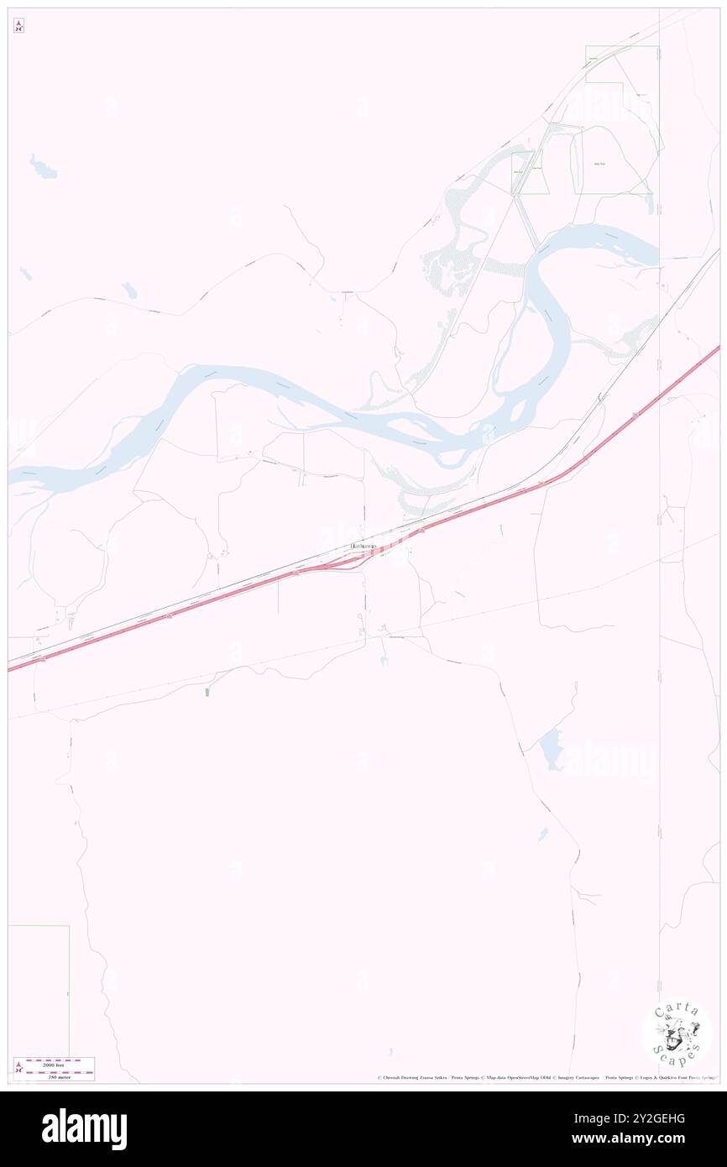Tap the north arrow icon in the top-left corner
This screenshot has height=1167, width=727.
(18, 26)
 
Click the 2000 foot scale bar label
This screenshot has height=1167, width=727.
(59, 1064)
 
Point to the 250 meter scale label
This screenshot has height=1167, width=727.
(59, 1075)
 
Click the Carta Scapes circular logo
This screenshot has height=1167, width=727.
(677, 1033)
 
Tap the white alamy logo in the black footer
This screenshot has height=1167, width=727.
(84, 1128)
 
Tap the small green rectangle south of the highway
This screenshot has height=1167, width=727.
(207, 693)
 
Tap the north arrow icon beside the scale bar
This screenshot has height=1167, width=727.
(18, 1068)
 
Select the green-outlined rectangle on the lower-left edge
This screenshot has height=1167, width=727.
(38, 991)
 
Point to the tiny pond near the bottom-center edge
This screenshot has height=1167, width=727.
(390, 1052)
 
